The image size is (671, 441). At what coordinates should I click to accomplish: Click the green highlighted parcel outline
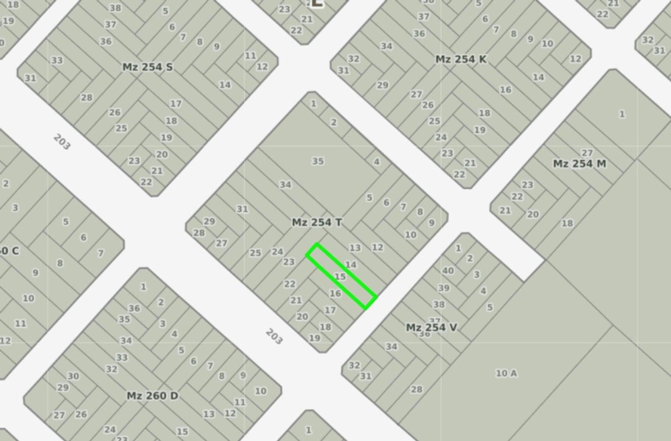click(x=341, y=276)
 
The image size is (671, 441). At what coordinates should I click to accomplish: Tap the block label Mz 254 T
click(x=317, y=223)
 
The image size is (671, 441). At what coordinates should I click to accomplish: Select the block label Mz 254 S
click(x=147, y=67)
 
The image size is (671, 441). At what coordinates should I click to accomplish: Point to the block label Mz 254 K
click(x=461, y=59)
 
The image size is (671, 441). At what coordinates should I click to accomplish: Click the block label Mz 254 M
click(x=579, y=164)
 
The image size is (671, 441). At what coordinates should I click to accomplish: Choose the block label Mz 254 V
click(x=431, y=327)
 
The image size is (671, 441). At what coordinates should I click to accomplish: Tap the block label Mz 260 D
click(x=152, y=396)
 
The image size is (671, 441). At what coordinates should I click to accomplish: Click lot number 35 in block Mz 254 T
click(x=318, y=161)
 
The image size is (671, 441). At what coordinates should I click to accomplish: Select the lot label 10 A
click(x=506, y=373)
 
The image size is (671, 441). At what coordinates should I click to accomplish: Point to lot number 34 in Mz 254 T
click(x=285, y=185)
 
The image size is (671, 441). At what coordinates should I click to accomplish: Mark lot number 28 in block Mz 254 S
click(x=87, y=98)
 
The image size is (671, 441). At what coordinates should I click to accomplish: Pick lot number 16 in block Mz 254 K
click(x=505, y=89)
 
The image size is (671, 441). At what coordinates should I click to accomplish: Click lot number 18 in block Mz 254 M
click(x=567, y=223)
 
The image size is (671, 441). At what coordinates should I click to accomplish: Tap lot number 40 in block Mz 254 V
click(x=448, y=270)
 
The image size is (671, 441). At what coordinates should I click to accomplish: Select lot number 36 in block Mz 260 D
click(x=134, y=308)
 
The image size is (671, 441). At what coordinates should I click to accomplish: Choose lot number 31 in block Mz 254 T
click(x=242, y=209)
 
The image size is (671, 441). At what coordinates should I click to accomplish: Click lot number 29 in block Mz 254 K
click(x=382, y=85)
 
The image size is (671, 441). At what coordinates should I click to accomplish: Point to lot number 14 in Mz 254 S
click(x=225, y=85)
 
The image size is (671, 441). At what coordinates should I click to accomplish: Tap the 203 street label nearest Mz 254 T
click(x=274, y=336)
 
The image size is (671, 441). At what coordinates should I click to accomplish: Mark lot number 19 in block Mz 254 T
click(x=314, y=338)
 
